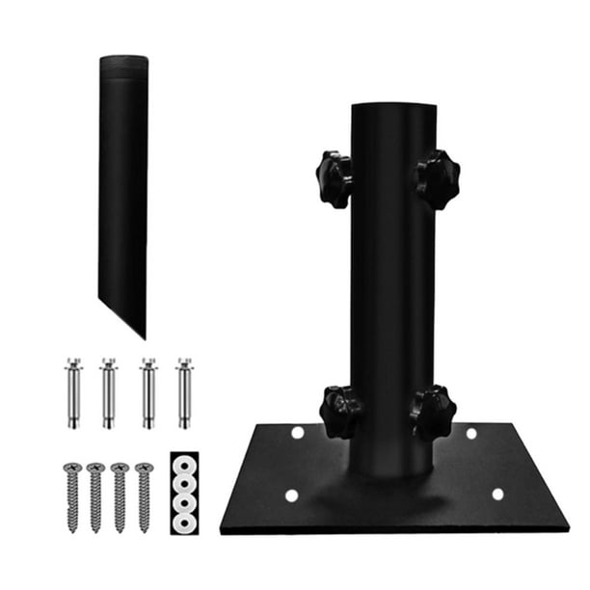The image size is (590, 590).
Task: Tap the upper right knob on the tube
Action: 438,178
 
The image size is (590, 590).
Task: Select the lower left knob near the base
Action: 340,412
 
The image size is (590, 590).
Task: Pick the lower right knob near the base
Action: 433,412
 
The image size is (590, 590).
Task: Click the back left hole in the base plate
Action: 297,433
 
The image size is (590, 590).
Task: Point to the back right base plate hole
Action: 471,433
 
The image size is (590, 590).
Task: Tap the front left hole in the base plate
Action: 291,496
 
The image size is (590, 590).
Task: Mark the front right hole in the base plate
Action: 497,494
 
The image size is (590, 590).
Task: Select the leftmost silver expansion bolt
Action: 73,392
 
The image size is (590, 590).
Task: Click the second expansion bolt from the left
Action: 109,392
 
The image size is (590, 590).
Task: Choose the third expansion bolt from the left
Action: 147,392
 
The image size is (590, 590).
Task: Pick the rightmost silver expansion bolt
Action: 183,392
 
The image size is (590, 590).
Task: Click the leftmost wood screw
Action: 71,496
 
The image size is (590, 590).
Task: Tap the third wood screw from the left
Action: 120,496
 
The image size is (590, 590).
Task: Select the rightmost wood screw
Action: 144,496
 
